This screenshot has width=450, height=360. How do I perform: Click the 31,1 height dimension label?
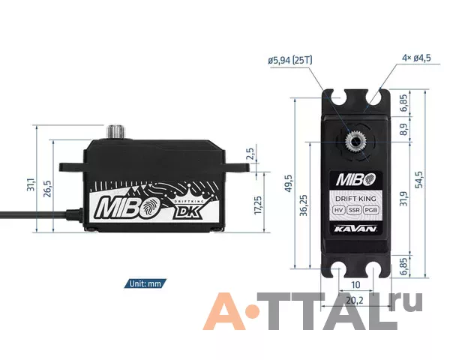coord(31,184)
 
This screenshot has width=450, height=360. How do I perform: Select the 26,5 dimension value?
coord(47,188)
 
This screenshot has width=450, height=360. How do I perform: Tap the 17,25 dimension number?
coord(258,205)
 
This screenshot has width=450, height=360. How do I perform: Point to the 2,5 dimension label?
coord(250,154)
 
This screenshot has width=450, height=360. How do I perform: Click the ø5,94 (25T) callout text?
coord(290,60)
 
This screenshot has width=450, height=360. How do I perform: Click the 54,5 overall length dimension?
coord(419,179)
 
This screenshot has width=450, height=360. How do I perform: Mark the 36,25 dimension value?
coord(303,205)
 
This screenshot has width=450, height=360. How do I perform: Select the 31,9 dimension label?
coord(403,199)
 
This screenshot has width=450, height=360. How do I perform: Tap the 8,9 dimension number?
coord(403,130)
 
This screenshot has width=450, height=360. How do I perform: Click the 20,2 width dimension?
coord(355,301)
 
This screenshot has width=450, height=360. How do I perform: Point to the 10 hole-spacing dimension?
coord(355,285)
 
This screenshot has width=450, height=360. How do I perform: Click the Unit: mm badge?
coord(145,283)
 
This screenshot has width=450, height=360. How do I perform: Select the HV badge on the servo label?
coord(339,210)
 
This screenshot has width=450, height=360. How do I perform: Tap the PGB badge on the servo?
coord(370,210)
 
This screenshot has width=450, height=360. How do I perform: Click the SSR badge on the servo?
coord(354,210)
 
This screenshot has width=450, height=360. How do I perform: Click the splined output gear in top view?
coord(355,141)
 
